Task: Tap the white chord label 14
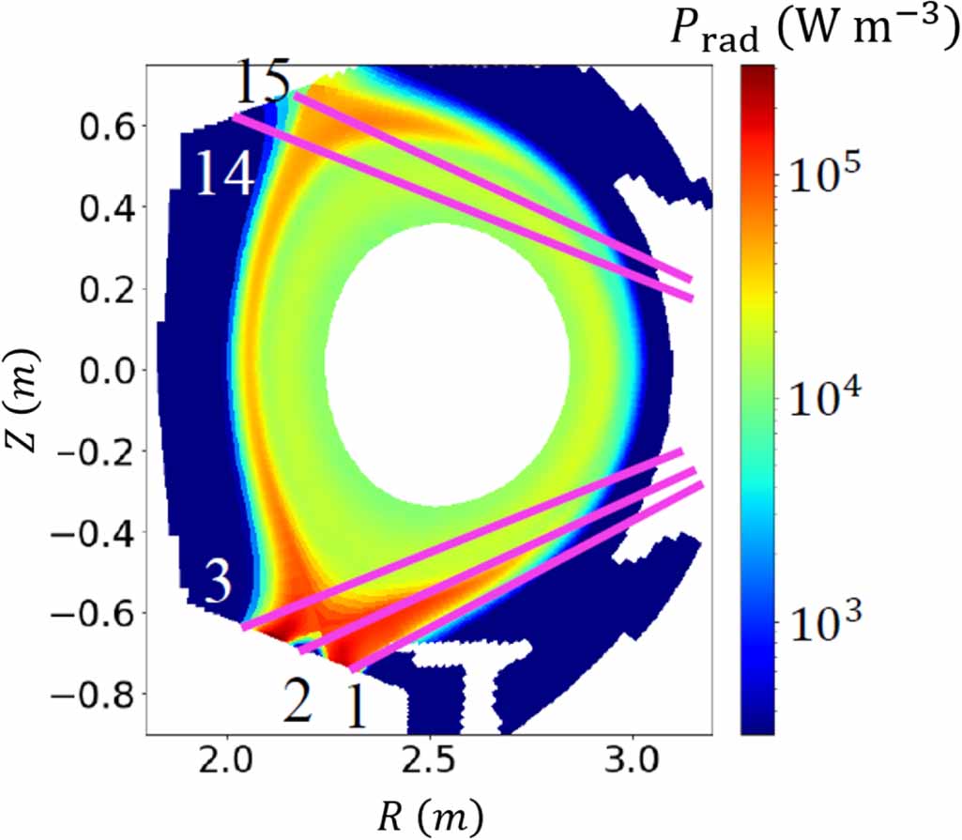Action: [x=224, y=173]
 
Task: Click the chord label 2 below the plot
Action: [x=297, y=703]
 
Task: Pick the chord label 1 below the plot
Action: [x=356, y=707]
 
